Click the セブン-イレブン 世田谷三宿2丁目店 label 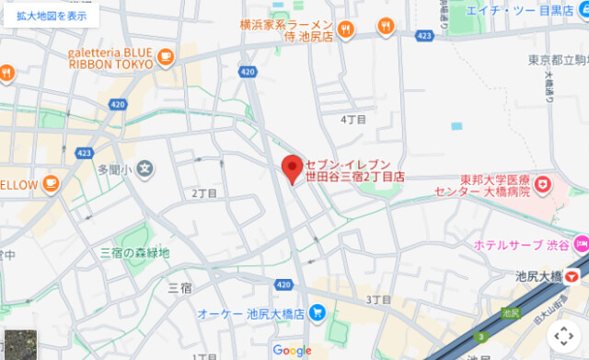355,168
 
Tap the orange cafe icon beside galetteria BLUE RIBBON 166,58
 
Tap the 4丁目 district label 353,120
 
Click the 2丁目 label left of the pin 204,193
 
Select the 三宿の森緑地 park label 134,252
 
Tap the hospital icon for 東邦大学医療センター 543,186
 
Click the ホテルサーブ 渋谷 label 519,245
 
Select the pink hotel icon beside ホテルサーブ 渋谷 580,245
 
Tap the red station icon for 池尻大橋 574,275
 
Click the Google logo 292,350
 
